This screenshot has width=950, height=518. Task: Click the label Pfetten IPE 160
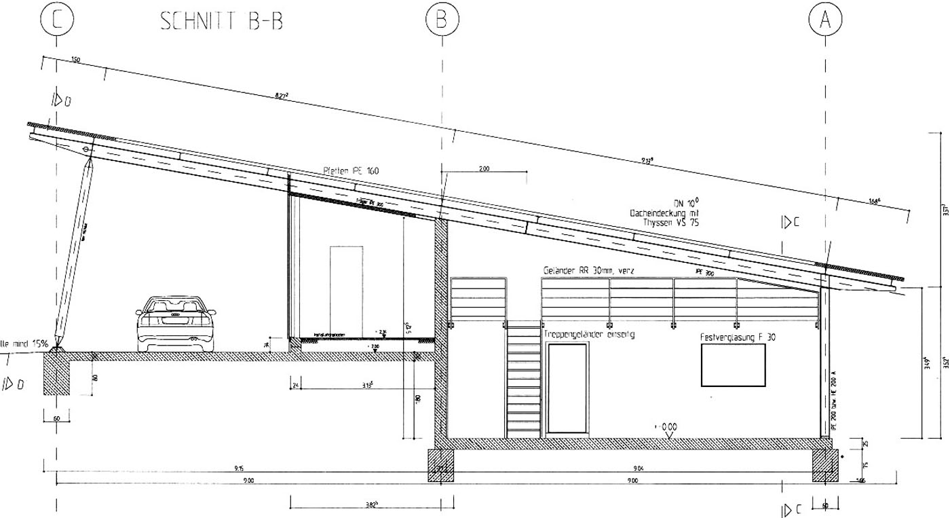pos(351,171)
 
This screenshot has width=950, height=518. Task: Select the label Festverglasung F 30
pos(736,337)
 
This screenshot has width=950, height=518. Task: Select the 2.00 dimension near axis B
pos(484,168)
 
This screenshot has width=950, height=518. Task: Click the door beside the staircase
pos(567,388)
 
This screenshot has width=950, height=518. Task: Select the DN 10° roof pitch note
pos(685,202)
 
